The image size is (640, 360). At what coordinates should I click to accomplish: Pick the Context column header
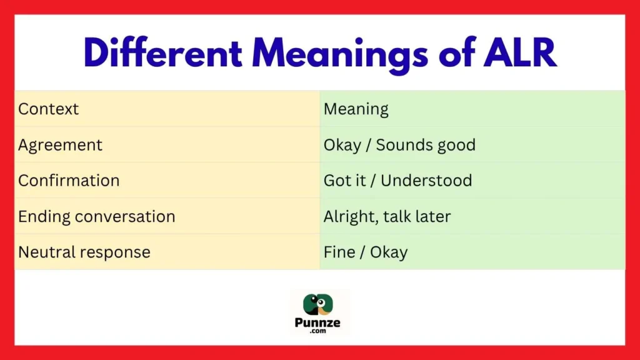click(x=49, y=109)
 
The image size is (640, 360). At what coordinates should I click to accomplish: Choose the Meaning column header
click(x=356, y=109)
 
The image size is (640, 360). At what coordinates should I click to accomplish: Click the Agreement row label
click(x=60, y=145)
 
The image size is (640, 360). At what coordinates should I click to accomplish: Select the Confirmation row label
click(x=69, y=181)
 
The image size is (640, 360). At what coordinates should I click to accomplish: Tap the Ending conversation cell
click(x=96, y=217)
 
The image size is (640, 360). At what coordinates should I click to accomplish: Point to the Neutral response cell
click(x=84, y=252)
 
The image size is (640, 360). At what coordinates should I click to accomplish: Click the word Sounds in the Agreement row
click(x=400, y=145)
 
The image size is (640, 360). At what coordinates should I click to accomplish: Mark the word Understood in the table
click(x=426, y=181)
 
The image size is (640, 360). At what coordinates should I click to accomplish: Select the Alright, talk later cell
click(x=387, y=217)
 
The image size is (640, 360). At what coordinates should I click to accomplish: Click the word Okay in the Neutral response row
click(x=389, y=252)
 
